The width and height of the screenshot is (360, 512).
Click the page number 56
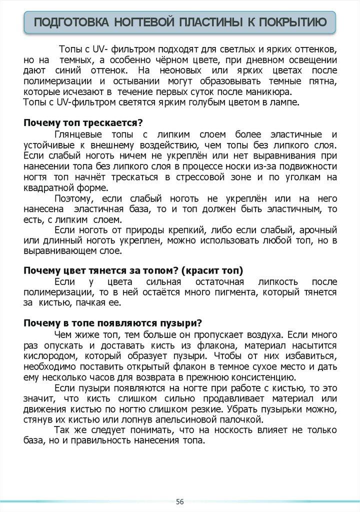[179, 501]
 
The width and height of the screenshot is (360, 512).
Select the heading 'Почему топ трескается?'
[83, 123]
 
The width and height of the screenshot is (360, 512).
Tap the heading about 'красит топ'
[133, 270]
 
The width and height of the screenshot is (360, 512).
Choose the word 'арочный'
[318, 229]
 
